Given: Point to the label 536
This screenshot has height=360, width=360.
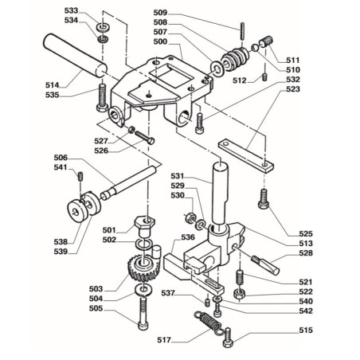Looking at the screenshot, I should pyautogui.click(x=188, y=237).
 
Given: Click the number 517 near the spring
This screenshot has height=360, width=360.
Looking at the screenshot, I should pyautogui.click(x=165, y=340).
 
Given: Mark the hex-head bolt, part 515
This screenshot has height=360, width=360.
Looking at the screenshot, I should pyautogui.click(x=228, y=335).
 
